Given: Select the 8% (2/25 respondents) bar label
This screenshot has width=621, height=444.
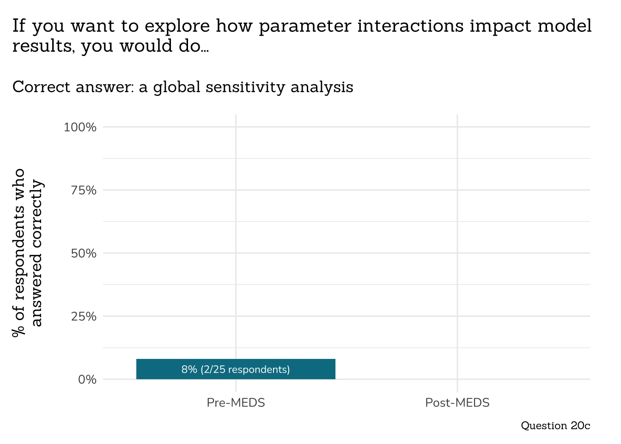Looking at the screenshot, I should tap(236, 370).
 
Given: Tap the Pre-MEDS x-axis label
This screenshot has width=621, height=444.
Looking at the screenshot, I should tap(236, 403).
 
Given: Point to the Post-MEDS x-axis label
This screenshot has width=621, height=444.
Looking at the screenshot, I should tap(457, 403).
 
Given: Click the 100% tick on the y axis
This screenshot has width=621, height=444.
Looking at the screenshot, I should tap(80, 127).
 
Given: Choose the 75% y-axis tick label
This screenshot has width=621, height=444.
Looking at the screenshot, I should tap(83, 190).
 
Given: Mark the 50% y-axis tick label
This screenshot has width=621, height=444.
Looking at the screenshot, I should tap(83, 253).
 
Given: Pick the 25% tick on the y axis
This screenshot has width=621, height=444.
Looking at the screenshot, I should tap(83, 317).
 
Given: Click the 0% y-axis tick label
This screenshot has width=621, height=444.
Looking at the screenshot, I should tap(87, 380).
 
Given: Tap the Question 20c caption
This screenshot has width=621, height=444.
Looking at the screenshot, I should tap(555, 425).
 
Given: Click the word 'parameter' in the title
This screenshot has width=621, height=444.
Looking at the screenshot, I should tap(305, 27).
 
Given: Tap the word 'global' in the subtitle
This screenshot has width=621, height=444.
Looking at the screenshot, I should tap(177, 87).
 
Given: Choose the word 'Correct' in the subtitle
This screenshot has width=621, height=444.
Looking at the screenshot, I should tap(41, 87).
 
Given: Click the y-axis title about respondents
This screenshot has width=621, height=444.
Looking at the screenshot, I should tap(28, 253).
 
